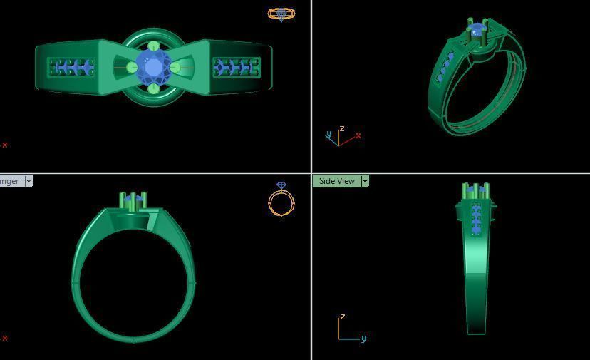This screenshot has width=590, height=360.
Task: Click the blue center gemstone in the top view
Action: coord(153,67)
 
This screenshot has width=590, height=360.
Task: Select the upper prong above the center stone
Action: coord(153,46)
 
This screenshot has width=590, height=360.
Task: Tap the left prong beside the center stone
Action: coord(132,68)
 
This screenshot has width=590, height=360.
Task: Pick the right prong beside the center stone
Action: coord(175,68)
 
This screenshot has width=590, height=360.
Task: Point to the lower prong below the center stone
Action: coord(153,88)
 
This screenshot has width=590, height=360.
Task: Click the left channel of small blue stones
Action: coord(71,68)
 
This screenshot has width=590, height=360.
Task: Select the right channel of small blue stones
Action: coord(236,68)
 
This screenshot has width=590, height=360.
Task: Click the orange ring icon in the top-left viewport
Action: coord(281,14)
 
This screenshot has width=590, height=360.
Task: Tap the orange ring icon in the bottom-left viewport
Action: coord(281,200)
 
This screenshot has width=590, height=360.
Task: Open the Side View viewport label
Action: coord(336,181)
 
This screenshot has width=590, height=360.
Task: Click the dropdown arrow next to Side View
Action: coord(365,181)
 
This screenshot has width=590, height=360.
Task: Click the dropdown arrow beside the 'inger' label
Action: coord(29,181)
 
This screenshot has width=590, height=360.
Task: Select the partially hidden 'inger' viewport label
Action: coord(10,181)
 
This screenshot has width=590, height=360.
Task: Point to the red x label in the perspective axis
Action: coord(358,135)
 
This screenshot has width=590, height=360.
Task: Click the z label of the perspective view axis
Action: coord(342,129)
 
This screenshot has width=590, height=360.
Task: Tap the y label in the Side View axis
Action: coord(363,338)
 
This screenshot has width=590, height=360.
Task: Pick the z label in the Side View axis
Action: coord(343,317)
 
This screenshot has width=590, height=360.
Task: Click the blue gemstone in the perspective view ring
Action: coord(476,30)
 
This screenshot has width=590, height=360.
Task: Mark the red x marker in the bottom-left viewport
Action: coord(5,338)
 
